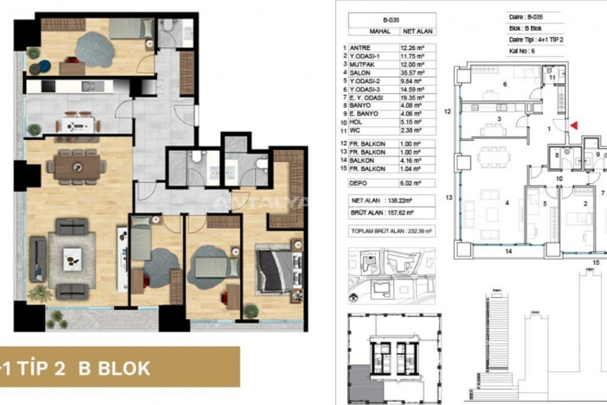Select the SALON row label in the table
(x=363, y=79)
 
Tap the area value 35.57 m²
(x=405, y=79)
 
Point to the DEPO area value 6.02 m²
(x=405, y=183)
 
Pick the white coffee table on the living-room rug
(x=71, y=257)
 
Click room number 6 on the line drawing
(x=505, y=83)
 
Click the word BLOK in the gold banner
(x=122, y=367)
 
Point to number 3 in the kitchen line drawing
(x=500, y=119)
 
